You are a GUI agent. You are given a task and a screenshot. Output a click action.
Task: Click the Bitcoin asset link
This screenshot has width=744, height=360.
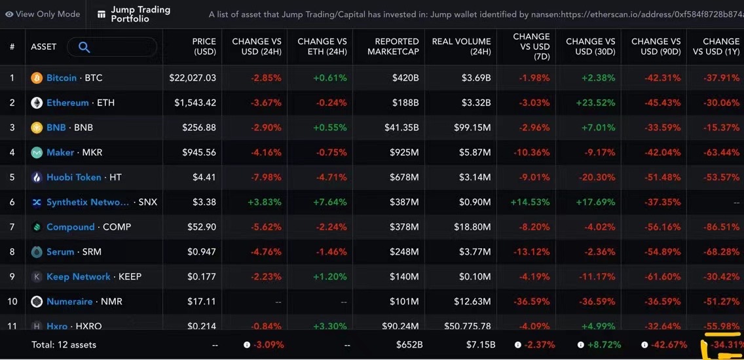(x=61, y=78)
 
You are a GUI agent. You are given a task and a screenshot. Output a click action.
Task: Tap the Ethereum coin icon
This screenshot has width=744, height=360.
(x=37, y=103)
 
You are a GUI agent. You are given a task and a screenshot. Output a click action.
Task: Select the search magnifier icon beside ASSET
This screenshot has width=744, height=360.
(x=84, y=47)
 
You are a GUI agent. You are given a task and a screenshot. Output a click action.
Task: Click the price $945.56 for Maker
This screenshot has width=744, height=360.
(x=198, y=153)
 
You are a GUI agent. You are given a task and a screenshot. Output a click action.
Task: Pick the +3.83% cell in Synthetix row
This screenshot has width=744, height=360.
(x=265, y=202)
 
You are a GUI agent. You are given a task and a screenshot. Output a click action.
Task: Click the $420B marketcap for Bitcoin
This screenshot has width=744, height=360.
(x=405, y=78)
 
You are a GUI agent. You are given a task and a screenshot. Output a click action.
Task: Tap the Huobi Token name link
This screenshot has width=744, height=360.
(x=73, y=177)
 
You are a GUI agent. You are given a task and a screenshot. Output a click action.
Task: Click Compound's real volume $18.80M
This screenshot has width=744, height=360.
(x=472, y=227)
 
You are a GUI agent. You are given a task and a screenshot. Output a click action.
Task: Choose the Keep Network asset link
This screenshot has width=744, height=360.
(x=78, y=277)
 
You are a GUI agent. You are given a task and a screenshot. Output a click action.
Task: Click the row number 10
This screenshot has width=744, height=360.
(x=12, y=302)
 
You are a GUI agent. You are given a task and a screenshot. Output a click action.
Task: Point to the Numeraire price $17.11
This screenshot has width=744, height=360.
(x=202, y=302)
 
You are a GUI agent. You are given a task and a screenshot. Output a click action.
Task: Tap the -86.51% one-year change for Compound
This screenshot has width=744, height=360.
(x=721, y=227)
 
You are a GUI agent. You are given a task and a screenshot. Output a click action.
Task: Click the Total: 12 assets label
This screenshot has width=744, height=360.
(x=64, y=344)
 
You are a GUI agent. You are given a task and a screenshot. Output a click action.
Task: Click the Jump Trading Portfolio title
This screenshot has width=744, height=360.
(x=140, y=14)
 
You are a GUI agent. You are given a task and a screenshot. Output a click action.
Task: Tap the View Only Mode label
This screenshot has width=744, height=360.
(x=48, y=14)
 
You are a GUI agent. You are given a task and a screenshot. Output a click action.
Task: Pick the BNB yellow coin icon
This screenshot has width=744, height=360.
(x=37, y=128)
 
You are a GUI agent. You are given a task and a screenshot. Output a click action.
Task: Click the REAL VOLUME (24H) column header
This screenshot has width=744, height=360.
(x=461, y=46)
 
